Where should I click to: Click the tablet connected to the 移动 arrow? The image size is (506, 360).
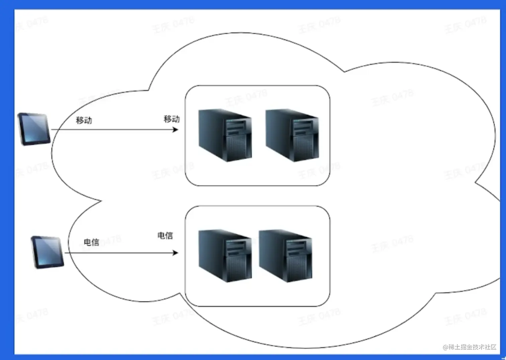click(x=34, y=129)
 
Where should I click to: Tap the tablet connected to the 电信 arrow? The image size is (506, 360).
click(x=47, y=252)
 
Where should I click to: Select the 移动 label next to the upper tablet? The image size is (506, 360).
click(x=84, y=120)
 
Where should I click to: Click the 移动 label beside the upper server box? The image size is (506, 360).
click(x=172, y=119)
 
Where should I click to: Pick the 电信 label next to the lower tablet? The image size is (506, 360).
click(x=91, y=242)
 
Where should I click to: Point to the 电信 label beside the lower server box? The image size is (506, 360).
click(x=165, y=236)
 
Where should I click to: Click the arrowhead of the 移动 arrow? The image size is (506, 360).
click(x=175, y=129)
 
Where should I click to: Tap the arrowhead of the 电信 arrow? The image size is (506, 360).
click(x=175, y=253)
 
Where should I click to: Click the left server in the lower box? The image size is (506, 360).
click(x=225, y=256)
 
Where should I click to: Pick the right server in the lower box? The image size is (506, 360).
click(x=285, y=256)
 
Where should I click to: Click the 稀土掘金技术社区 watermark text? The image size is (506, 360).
click(x=472, y=347)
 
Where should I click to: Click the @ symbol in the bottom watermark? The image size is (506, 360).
click(x=445, y=347)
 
